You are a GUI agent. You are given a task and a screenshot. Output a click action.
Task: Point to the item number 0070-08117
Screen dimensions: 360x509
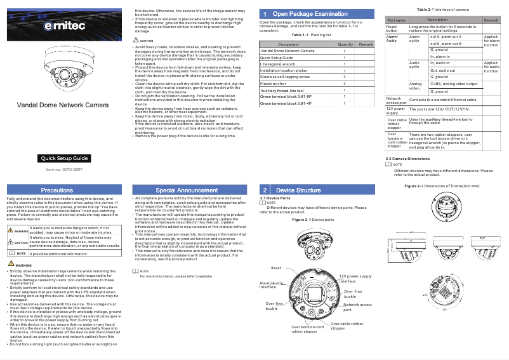[x=64, y=170]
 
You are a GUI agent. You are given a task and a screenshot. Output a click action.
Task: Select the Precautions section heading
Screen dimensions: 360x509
[x=57, y=190]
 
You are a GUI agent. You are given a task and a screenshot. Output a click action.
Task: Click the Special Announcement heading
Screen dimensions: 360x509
[x=187, y=190]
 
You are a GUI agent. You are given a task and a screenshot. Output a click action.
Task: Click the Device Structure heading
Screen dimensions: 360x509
[x=298, y=190]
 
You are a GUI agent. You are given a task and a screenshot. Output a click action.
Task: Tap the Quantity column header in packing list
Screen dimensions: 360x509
[x=345, y=44]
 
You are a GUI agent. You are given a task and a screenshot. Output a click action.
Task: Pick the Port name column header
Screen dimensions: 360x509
[x=396, y=20]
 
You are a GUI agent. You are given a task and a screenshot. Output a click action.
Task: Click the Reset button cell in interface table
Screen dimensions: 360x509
[x=392, y=29]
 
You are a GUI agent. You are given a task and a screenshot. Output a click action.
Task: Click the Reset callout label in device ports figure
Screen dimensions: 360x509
[x=276, y=269]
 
